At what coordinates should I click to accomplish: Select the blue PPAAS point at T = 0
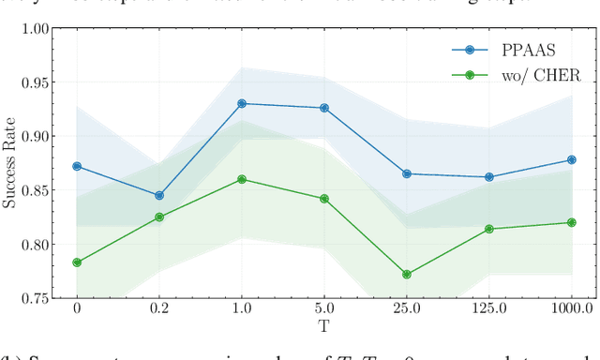[77, 166]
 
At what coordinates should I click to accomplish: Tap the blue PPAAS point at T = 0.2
[159, 196]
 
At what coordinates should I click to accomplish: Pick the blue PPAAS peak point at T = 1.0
[242, 103]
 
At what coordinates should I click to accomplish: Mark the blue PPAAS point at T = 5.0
[324, 108]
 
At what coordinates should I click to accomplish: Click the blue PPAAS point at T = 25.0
[407, 173]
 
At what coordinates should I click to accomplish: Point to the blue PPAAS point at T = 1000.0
[572, 159]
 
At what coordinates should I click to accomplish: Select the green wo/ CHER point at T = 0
[77, 262]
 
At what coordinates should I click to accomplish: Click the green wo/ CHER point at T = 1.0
[242, 179]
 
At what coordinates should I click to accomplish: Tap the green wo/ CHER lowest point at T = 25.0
[407, 275]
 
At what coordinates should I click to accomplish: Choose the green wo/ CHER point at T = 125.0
[489, 229]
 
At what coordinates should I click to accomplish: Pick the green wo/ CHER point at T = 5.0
[324, 199]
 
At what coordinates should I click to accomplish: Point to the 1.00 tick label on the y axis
[35, 28]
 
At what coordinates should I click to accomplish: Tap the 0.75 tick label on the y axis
[35, 298]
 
